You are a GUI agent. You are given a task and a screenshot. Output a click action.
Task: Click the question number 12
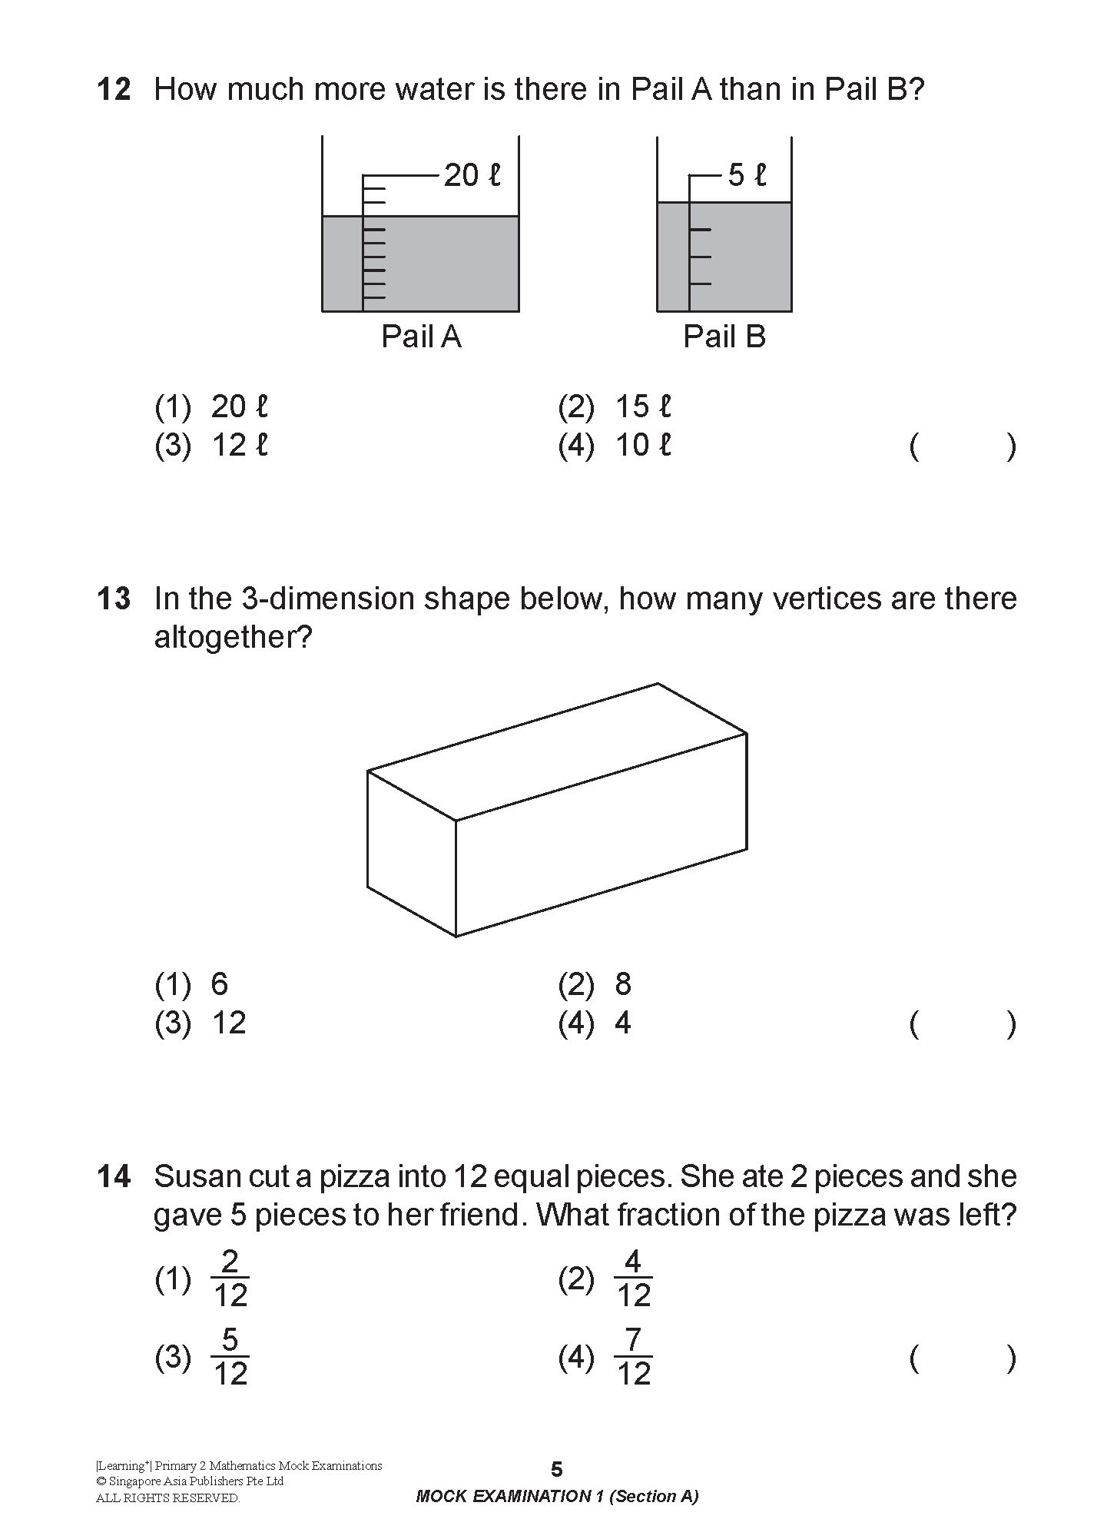(x=114, y=90)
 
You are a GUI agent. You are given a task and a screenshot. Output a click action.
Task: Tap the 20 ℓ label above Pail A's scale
(x=472, y=176)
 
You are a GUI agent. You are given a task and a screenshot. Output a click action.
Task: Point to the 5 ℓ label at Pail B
(x=747, y=176)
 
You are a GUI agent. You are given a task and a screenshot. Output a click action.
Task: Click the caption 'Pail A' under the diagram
(x=421, y=337)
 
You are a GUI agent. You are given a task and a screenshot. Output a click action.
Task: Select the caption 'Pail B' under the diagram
(x=724, y=337)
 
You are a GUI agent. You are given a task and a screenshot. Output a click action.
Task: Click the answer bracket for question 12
(x=962, y=446)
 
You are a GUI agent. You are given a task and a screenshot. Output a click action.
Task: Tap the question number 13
(x=114, y=599)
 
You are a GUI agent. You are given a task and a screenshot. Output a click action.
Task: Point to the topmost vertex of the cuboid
(x=658, y=683)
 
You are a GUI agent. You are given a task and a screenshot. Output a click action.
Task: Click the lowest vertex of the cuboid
(x=456, y=936)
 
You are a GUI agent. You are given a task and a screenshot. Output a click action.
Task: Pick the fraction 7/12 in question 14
(x=633, y=1358)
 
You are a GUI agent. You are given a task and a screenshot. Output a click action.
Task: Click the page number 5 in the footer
(x=557, y=1469)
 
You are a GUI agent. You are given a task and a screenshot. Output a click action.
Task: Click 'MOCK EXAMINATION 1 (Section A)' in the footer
(x=557, y=1496)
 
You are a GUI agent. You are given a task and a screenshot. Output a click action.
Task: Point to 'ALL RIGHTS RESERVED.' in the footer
(x=167, y=1498)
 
